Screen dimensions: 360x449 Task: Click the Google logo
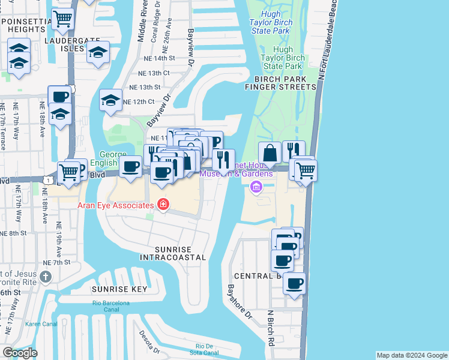(20, 353)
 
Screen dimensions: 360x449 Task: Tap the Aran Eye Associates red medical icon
(162, 205)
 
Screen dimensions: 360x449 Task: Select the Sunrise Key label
(119, 289)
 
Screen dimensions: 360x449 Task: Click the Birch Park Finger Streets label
(280, 83)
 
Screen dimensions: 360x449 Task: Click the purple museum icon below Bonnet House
(256, 188)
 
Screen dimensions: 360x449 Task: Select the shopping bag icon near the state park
(270, 152)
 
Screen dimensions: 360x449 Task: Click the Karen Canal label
(39, 325)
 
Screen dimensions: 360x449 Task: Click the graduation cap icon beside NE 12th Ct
(110, 100)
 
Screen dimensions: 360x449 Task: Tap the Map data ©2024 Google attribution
(412, 355)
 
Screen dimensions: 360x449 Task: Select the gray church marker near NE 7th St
(46, 277)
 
